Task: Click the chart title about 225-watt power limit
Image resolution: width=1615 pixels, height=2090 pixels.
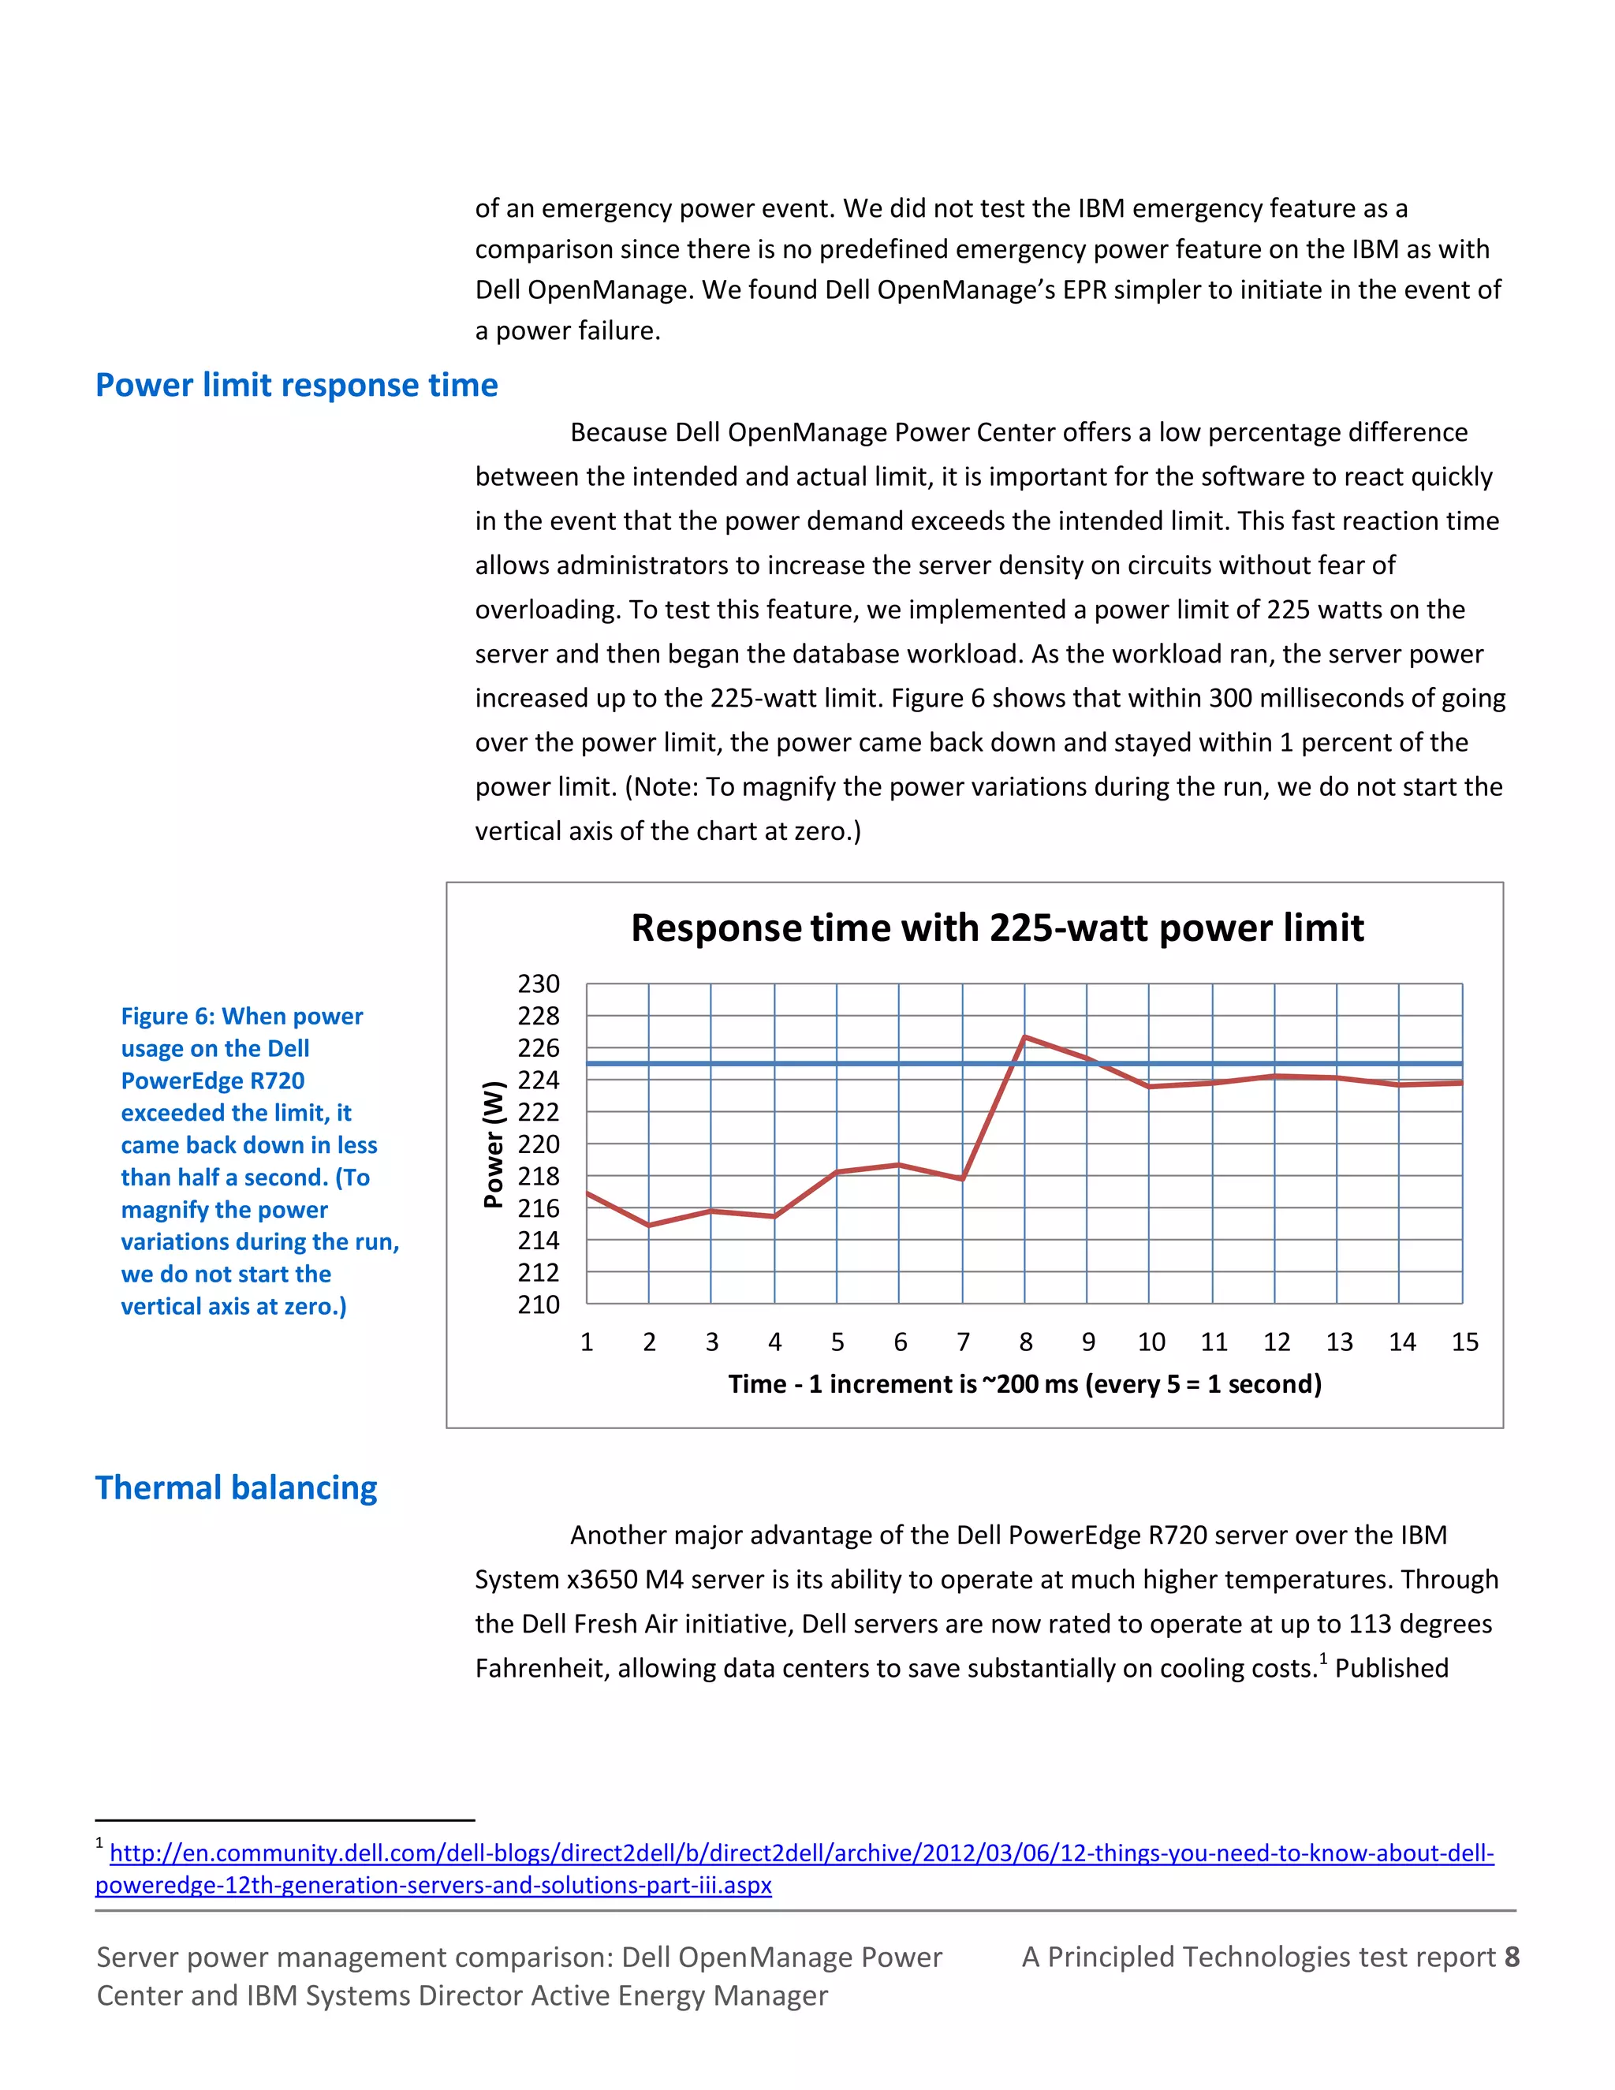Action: (x=997, y=928)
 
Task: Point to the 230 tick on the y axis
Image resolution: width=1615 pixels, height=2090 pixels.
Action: (x=539, y=983)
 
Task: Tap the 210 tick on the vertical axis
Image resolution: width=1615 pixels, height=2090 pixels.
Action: (x=539, y=1304)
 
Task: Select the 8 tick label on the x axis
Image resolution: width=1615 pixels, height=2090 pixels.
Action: (x=1026, y=1342)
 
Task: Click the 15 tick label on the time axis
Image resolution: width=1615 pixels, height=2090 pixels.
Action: (x=1465, y=1342)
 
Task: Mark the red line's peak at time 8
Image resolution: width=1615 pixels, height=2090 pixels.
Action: (x=1024, y=1036)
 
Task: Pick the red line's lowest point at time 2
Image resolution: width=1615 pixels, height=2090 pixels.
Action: (x=649, y=1225)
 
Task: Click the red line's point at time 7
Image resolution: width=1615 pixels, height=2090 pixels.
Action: (x=963, y=1178)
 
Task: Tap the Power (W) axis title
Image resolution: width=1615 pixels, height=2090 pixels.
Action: (x=493, y=1144)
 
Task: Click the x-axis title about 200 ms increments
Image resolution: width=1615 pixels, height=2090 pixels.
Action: (x=1024, y=1384)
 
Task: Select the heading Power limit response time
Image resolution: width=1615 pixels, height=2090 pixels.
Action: (x=297, y=385)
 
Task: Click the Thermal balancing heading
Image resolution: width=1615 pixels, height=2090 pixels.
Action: (x=237, y=1488)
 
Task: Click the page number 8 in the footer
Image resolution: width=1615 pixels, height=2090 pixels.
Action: (x=1512, y=1957)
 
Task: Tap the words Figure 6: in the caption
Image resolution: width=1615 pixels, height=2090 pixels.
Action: (x=167, y=1017)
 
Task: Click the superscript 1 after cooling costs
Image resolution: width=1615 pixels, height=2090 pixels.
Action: (x=1323, y=1659)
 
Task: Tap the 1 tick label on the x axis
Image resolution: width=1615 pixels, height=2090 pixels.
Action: (x=587, y=1342)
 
